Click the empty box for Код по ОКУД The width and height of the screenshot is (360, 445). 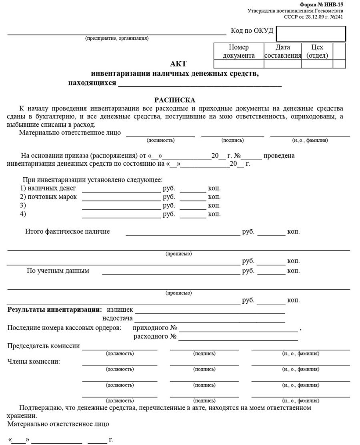[311, 34]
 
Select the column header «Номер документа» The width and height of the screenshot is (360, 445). [239, 52]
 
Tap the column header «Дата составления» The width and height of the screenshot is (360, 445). [283, 52]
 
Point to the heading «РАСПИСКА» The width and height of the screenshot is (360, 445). [174, 100]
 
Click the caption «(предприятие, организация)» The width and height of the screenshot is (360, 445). [117, 38]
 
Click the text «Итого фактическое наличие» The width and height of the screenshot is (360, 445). [67, 231]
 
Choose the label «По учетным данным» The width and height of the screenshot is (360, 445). [58, 271]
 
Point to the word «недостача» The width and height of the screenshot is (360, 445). [118, 319]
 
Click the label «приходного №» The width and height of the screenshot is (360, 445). [155, 328]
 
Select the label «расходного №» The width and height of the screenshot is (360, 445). [155, 337]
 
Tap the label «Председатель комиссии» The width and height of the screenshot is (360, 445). [44, 346]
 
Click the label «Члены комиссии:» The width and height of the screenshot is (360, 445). [34, 362]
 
